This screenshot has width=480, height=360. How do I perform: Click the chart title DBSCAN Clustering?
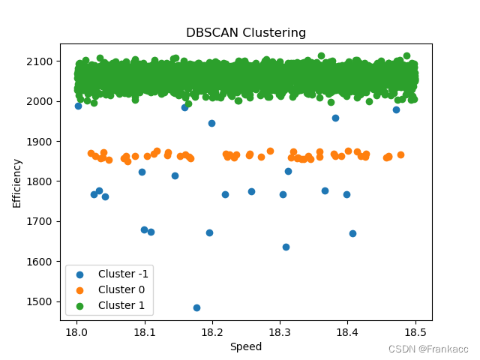pyautogui.click(x=246, y=33)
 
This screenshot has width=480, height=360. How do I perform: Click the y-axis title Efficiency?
pyautogui.click(x=17, y=182)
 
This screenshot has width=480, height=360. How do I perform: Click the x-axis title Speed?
pyautogui.click(x=245, y=346)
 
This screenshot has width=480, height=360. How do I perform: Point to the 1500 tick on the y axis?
pyautogui.click(x=40, y=301)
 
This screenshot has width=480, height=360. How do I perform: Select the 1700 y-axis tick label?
pyautogui.click(x=40, y=221)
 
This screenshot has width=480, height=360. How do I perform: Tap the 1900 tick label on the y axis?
pyautogui.click(x=40, y=141)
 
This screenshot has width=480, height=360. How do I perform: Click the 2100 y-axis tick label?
pyautogui.click(x=40, y=61)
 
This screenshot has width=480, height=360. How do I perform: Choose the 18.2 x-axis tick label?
pyautogui.click(x=212, y=331)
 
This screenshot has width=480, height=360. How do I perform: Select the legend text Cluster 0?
pyautogui.click(x=122, y=289)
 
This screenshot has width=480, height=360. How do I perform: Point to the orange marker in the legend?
pyautogui.click(x=82, y=289)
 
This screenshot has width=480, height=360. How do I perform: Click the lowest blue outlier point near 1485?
pyautogui.click(x=196, y=307)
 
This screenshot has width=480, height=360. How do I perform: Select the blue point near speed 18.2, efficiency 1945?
pyautogui.click(x=211, y=123)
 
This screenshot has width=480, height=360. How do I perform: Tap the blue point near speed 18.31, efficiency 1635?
pyautogui.click(x=286, y=247)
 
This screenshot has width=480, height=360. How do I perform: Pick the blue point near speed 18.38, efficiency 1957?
pyautogui.click(x=335, y=118)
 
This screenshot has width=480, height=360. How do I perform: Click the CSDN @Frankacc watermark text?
pyautogui.click(x=428, y=349)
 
